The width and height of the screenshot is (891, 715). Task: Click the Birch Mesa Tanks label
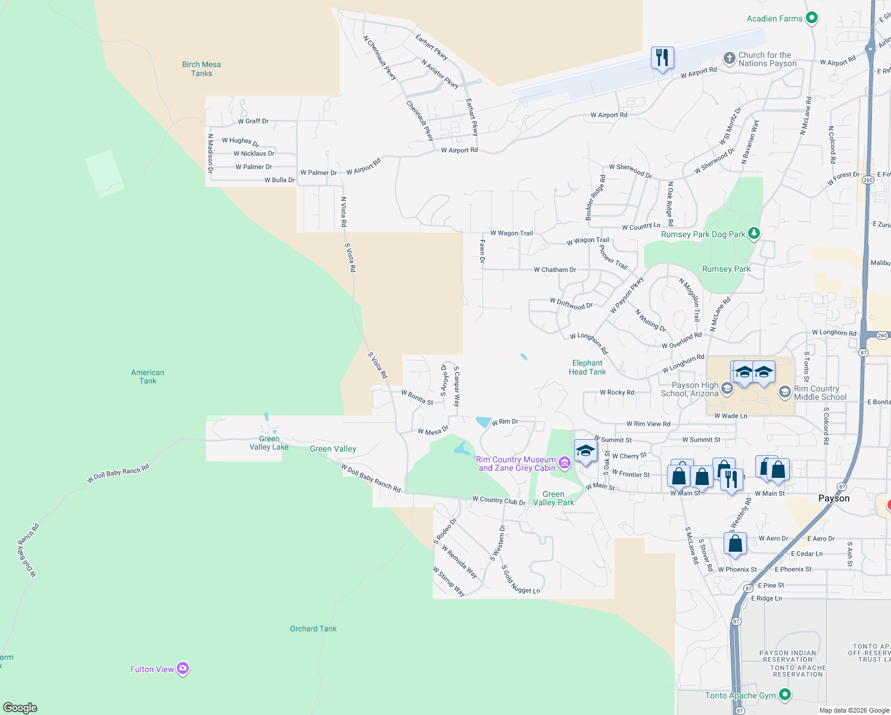coord(201,69)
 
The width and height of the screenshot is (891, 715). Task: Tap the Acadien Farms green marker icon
coord(811,18)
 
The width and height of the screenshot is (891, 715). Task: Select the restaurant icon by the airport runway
coord(662,58)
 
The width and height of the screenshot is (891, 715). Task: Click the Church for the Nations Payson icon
coord(729,58)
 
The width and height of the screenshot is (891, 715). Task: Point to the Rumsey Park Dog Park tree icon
coord(754,234)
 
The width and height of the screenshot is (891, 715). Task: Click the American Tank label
coord(148,377)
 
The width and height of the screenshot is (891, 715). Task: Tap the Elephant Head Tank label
coord(587,367)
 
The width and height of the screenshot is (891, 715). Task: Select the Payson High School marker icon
coord(727,389)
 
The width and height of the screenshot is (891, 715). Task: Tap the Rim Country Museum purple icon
coord(565,463)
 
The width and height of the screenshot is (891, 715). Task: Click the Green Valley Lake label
coord(269,443)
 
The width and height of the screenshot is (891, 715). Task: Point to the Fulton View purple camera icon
coord(183,669)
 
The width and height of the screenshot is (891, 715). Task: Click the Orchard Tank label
coord(313,629)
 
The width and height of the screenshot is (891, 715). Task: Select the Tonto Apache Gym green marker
coord(785,695)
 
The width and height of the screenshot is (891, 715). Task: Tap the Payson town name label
coord(834,498)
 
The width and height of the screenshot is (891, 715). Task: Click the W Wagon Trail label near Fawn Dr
coord(511,233)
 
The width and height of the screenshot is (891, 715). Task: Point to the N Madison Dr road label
coord(210,154)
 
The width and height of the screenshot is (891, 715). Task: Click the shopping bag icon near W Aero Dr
coord(736,543)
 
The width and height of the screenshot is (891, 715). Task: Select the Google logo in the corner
coord(20,707)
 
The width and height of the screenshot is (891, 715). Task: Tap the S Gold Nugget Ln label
coord(521,580)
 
